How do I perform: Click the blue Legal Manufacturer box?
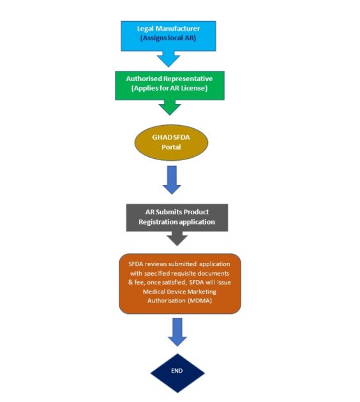pyautogui.click(x=169, y=36)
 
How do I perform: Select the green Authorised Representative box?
pyautogui.click(x=170, y=86)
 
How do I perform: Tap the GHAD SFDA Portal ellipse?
pyautogui.click(x=171, y=142)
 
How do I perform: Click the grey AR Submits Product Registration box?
pyautogui.click(x=177, y=218)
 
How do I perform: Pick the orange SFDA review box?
pyautogui.click(x=180, y=284)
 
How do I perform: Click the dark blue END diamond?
pyautogui.click(x=177, y=373)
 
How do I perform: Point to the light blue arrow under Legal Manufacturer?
pyautogui.click(x=169, y=59)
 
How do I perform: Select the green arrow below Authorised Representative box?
pyautogui.click(x=170, y=107)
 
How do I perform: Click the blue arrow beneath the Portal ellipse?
pyautogui.click(x=172, y=180)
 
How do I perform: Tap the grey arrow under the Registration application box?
pyautogui.click(x=177, y=239)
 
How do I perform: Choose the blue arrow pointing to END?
pyautogui.click(x=177, y=332)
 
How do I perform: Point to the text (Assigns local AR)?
pyautogui.click(x=169, y=38)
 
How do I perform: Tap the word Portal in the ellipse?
pyautogui.click(x=171, y=147)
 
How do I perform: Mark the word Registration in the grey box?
pyautogui.click(x=157, y=222)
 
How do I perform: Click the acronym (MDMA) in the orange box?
pyautogui.click(x=200, y=301)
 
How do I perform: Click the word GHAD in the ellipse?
pyautogui.click(x=162, y=137)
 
